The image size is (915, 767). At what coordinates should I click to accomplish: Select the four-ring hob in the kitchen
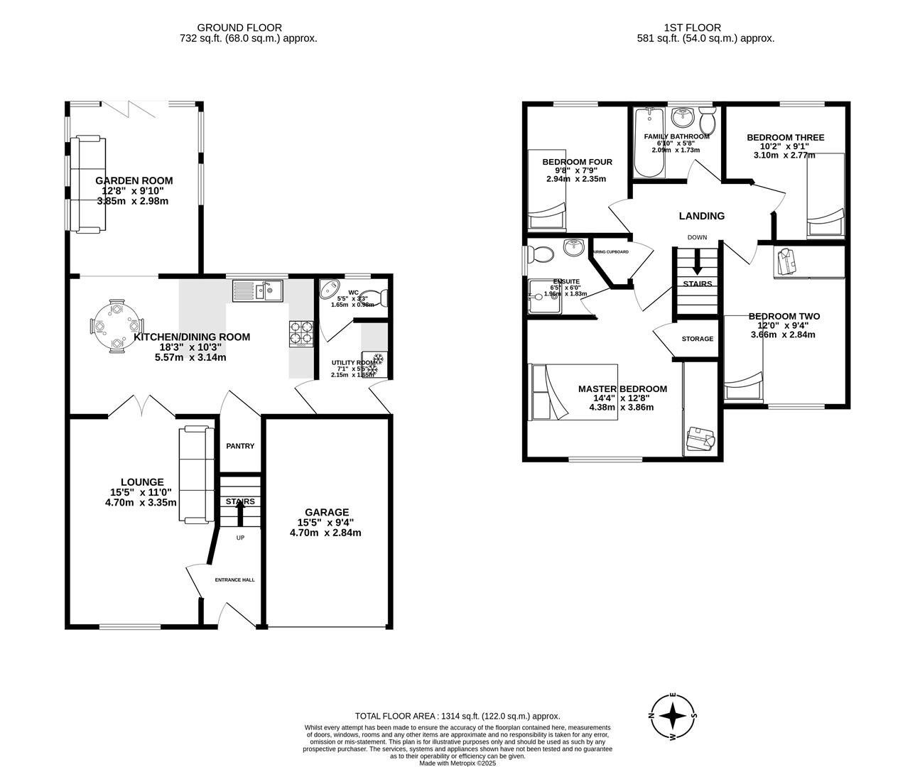pos(301,334)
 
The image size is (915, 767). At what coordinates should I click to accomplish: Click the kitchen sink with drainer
pos(257,290)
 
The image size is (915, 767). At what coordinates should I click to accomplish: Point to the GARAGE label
pos(327,512)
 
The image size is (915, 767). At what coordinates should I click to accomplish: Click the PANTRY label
pos(240,446)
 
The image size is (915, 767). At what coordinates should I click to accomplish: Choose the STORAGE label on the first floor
pos(697,339)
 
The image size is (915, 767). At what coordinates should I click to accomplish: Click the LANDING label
pos(701,216)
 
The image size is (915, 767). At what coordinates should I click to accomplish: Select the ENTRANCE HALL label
pos(234,580)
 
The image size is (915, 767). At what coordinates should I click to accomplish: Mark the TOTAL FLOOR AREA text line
pos(457,716)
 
